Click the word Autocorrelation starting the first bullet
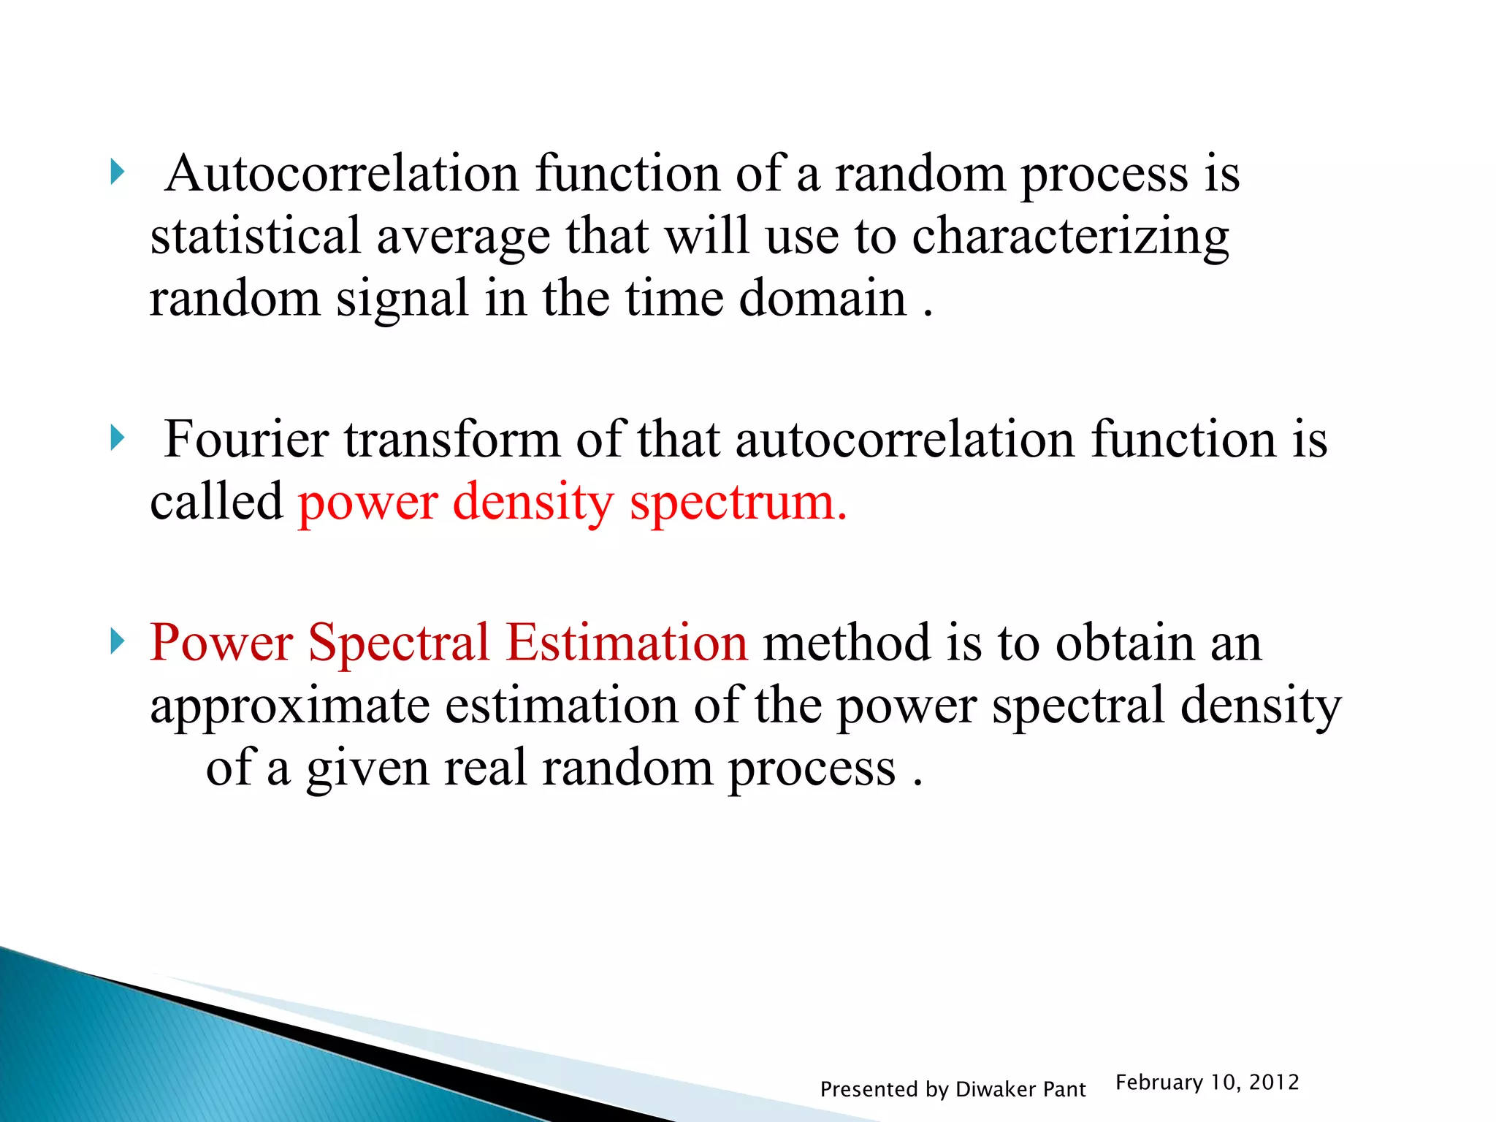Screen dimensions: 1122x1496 tap(341, 174)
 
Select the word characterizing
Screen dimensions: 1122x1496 tap(1070, 237)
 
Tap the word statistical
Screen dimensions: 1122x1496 tap(256, 237)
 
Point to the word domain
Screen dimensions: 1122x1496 tap(823, 299)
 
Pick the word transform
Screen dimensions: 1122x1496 tap(451, 440)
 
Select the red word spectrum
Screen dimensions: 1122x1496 tap(738, 503)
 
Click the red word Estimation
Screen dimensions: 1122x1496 tap(627, 643)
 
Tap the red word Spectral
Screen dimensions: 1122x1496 tap(399, 643)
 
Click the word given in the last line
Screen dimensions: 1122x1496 tap(367, 768)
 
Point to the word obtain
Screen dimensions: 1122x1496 tap(1125, 643)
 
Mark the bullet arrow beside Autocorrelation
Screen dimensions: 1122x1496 tap(117, 173)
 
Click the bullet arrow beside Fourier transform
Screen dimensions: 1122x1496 tap(117, 438)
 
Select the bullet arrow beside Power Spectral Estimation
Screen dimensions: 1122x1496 tap(117, 642)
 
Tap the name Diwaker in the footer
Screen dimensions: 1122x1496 tap(996, 1089)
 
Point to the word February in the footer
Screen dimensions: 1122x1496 tap(1159, 1082)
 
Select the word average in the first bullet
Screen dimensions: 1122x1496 tap(463, 237)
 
